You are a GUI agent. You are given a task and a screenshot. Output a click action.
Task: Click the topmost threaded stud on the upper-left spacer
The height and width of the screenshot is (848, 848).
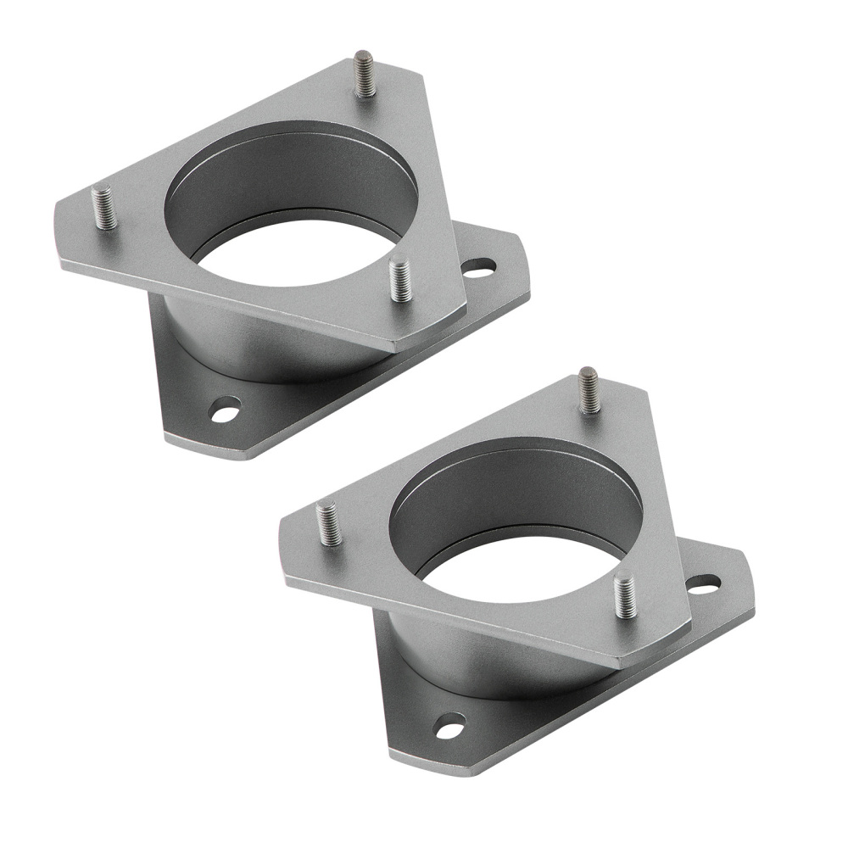[x=365, y=75]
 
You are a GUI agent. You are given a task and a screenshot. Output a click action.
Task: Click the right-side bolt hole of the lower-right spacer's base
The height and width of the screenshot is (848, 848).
[x=703, y=584]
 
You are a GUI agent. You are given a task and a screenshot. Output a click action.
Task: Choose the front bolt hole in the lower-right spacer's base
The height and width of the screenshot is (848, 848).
[x=450, y=726]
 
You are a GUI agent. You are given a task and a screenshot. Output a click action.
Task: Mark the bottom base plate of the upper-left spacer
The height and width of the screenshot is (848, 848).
[x=280, y=416]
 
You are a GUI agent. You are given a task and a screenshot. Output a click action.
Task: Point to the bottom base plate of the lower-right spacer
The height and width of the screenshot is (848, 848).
[x=509, y=729]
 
